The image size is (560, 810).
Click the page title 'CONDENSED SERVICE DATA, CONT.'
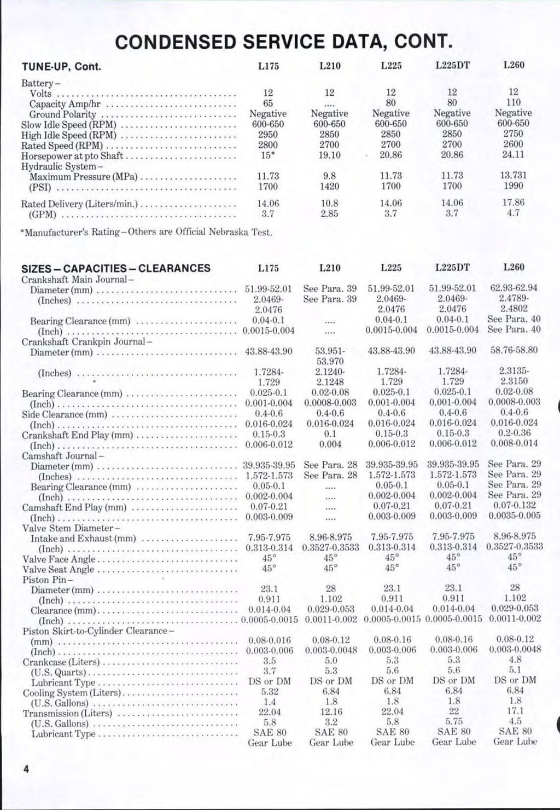coord(284,41)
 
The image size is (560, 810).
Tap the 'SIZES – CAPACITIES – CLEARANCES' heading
coord(115,268)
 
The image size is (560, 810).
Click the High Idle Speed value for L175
coord(268,134)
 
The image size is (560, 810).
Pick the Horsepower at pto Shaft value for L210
coord(329,155)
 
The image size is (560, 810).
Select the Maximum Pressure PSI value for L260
coord(513,186)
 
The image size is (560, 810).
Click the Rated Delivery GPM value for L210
coord(329,213)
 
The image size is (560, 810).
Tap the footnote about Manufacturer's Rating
coord(146,232)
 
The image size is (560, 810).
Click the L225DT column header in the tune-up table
coord(452,65)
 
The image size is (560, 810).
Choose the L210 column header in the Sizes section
coord(329,268)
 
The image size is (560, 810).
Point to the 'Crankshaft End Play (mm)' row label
coord(77,436)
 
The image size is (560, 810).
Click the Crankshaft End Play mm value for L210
coord(329,434)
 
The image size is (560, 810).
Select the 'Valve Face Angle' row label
coord(59,559)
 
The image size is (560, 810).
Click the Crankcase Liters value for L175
coord(268,661)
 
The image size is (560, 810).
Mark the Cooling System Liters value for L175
coord(268,692)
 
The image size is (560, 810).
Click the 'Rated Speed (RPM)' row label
coord(63,146)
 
